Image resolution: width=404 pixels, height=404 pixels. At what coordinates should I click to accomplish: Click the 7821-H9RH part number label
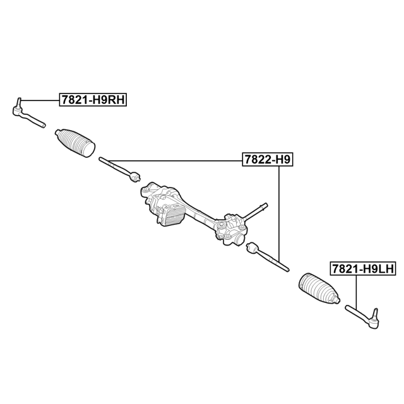(x=93, y=100)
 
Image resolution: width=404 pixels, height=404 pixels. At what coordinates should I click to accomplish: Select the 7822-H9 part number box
(x=268, y=160)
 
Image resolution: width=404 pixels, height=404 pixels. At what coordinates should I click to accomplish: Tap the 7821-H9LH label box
(x=363, y=269)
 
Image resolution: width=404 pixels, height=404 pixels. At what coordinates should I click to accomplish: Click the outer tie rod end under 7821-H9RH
(x=28, y=114)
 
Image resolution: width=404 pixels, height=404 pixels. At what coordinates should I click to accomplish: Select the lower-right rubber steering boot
(x=319, y=288)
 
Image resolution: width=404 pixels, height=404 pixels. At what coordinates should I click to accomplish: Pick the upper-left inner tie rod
(x=120, y=169)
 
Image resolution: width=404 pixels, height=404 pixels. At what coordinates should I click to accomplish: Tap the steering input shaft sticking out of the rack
(x=255, y=211)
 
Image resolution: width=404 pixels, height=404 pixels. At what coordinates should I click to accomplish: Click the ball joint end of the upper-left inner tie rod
(x=134, y=176)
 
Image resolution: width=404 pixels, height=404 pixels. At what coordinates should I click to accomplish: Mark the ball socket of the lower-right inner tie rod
(x=252, y=247)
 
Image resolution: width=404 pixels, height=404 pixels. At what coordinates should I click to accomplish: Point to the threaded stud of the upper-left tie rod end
(x=18, y=102)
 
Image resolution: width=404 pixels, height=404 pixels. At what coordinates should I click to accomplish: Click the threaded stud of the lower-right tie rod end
(x=375, y=313)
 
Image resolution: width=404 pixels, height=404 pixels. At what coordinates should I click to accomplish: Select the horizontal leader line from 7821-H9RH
(x=40, y=100)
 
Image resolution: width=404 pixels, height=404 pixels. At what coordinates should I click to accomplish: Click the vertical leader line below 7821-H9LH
(x=356, y=292)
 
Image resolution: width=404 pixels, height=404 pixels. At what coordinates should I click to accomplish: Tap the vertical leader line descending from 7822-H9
(x=279, y=213)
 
